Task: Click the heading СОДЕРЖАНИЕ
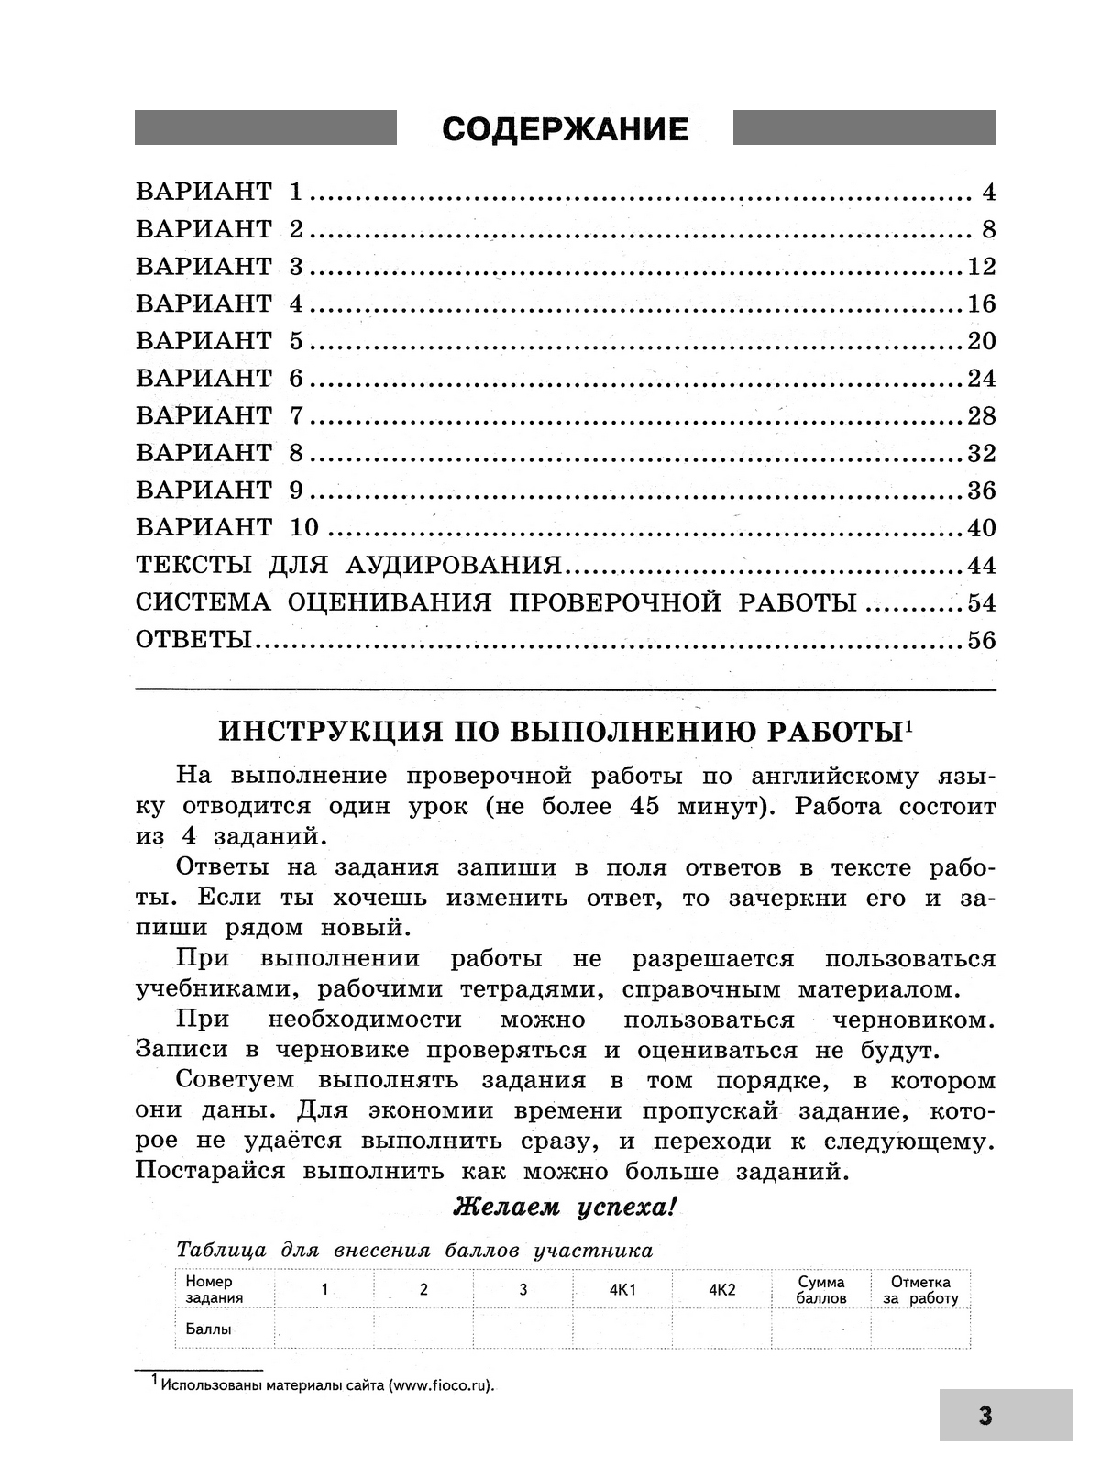tap(565, 129)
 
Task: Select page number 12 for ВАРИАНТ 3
tap(981, 267)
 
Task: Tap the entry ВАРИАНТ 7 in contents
tap(219, 415)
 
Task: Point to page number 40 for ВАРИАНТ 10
tap(981, 528)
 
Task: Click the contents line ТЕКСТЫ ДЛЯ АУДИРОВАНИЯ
tap(348, 565)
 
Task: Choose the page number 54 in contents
tap(981, 602)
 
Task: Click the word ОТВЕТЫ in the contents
tap(193, 640)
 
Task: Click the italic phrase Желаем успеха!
tap(565, 1208)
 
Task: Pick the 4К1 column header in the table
tap(622, 1290)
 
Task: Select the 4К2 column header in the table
tap(722, 1290)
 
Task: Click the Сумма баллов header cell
tap(821, 1290)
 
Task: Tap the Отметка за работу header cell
tap(920, 1290)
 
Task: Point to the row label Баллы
tap(209, 1329)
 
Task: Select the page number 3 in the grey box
tap(985, 1416)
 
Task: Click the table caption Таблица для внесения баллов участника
tap(414, 1251)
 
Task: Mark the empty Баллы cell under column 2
tap(423, 1329)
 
